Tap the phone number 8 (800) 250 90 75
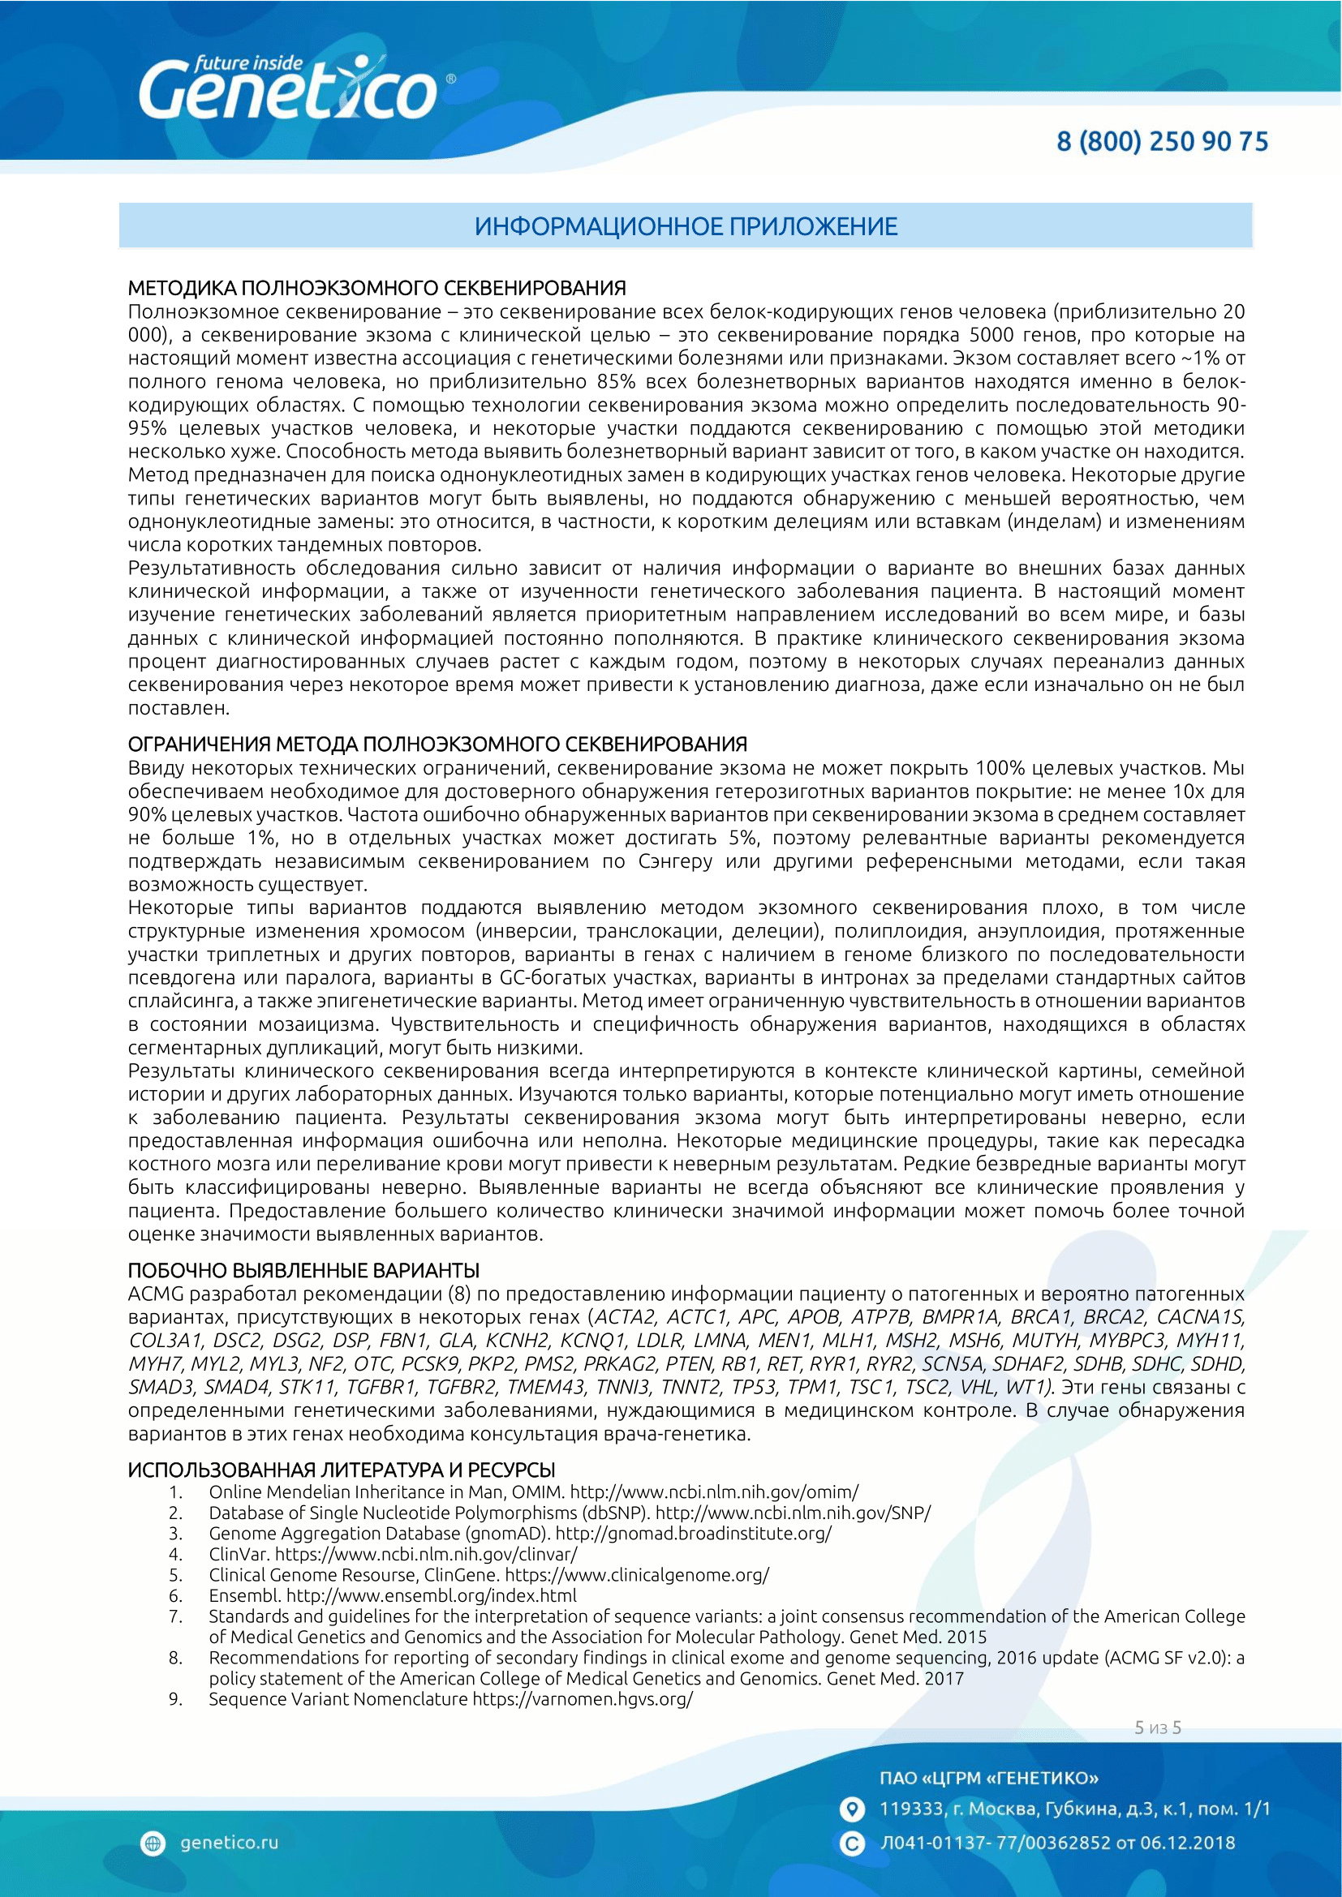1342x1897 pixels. (1162, 141)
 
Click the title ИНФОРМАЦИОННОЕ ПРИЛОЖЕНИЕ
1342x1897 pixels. (686, 226)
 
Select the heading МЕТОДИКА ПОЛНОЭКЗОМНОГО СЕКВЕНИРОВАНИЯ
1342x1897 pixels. (376, 289)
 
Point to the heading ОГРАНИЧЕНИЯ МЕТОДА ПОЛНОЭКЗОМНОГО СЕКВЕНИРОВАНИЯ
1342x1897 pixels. (437, 745)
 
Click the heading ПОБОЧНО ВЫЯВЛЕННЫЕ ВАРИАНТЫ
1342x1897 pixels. (303, 1270)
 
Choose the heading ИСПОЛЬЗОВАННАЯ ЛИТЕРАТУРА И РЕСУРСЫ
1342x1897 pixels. (342, 1470)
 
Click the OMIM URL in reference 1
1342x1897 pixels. (714, 1492)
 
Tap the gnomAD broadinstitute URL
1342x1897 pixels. (693, 1534)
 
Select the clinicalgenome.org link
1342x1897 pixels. (636, 1575)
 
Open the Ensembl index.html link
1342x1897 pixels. (432, 1595)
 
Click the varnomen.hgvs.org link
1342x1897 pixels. (583, 1699)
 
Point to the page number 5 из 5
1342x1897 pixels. (1158, 1727)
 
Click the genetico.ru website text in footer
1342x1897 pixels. (229, 1843)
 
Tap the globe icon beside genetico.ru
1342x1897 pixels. (153, 1843)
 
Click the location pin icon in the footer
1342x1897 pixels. (851, 1809)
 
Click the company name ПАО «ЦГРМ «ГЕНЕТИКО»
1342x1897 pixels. (989, 1777)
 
